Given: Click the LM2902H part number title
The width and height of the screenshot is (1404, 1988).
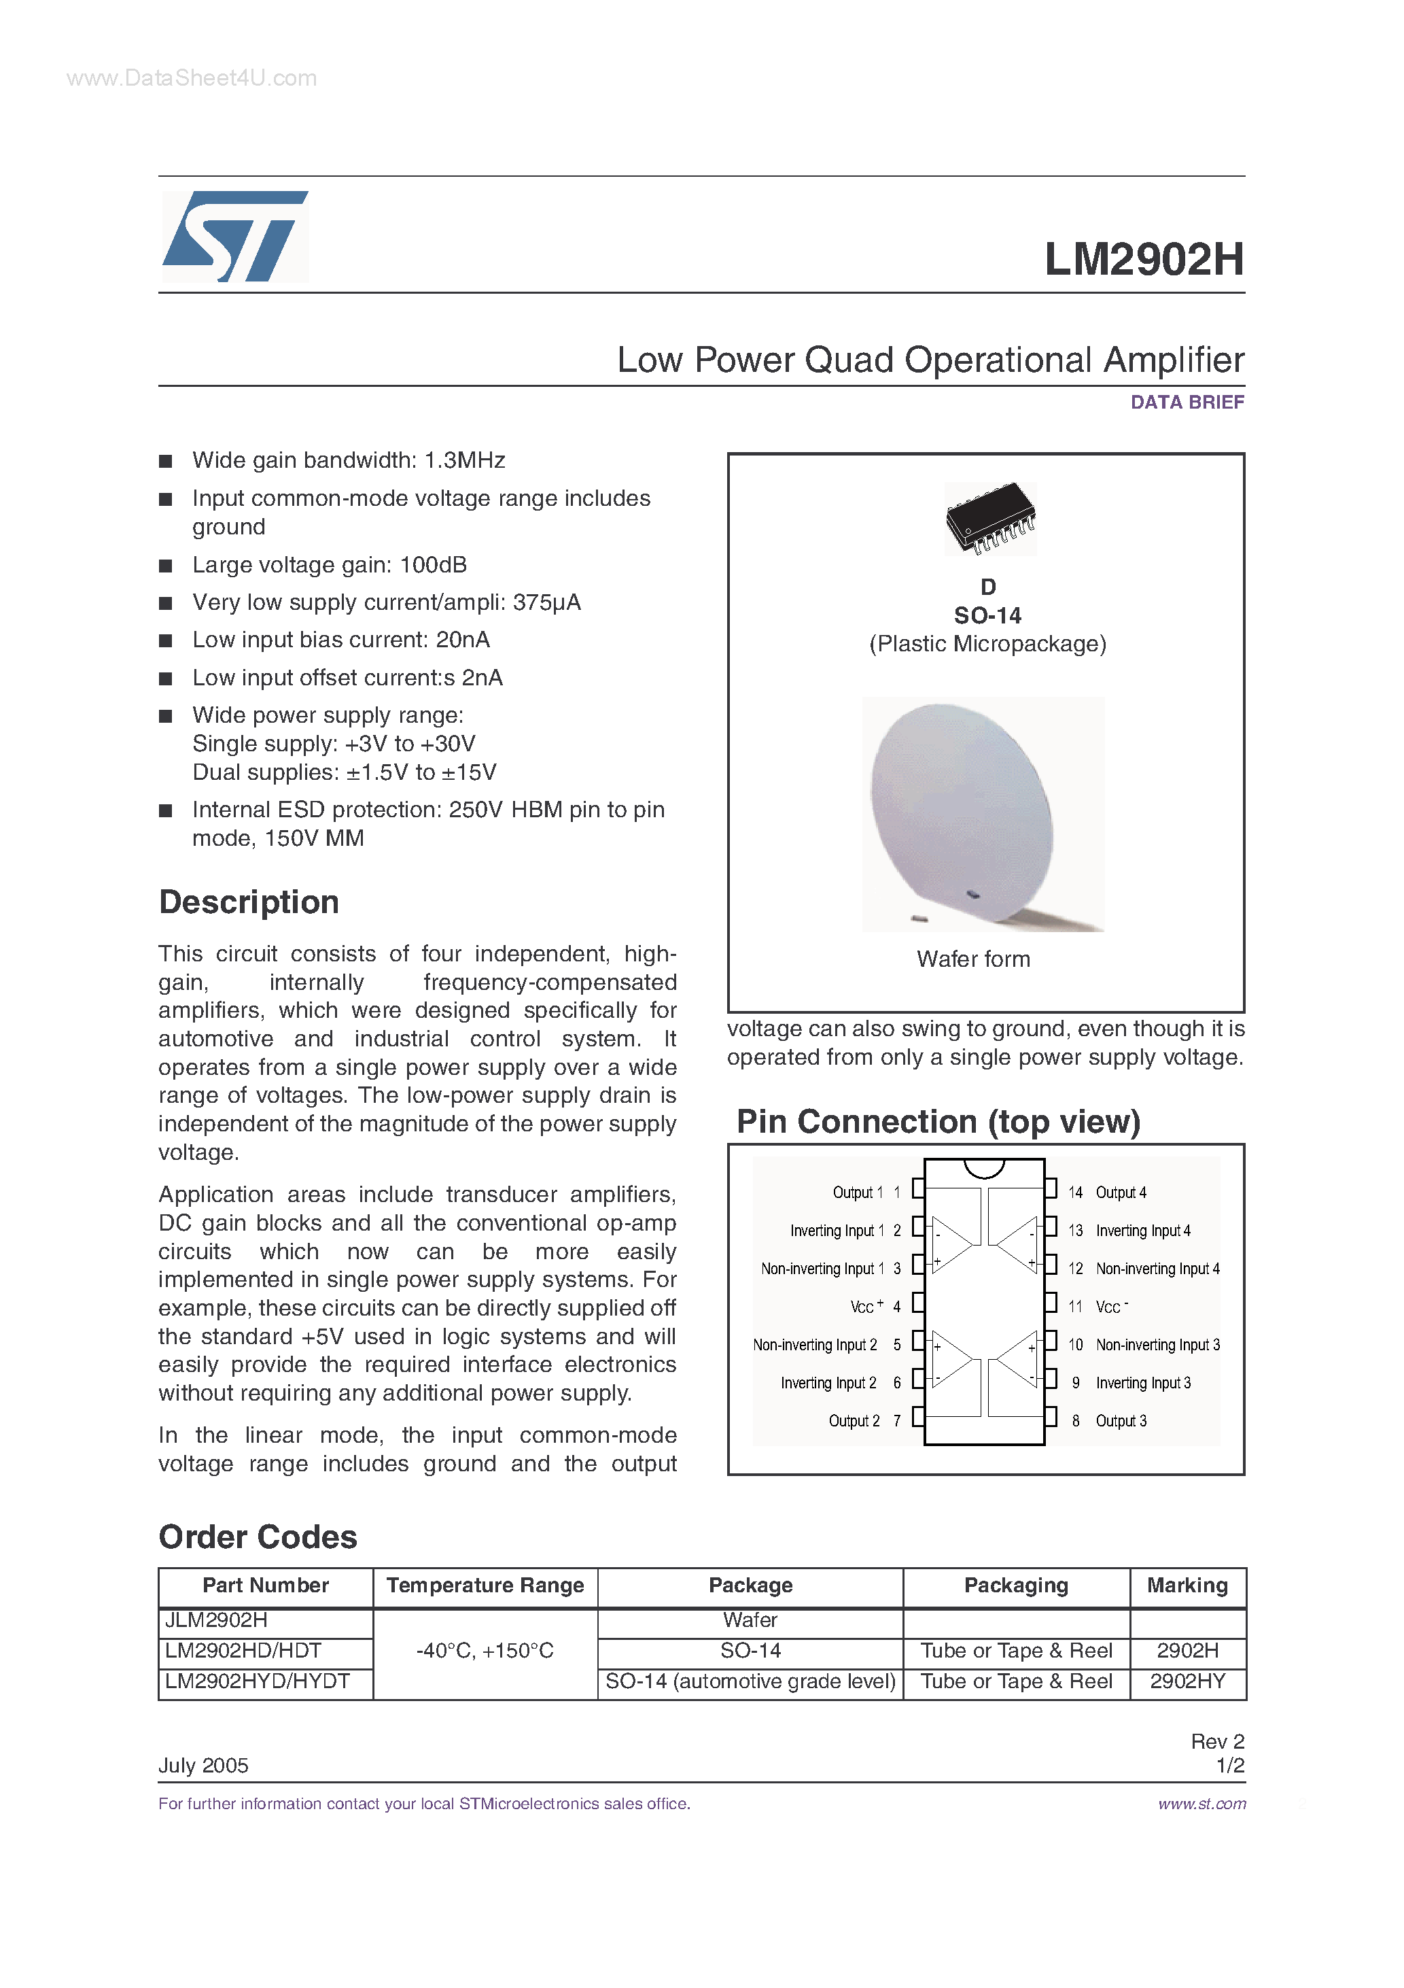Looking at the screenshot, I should click(1144, 259).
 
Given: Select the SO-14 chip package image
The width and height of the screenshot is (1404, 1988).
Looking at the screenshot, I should click(990, 518).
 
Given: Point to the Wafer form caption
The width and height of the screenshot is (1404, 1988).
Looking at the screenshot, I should click(973, 959).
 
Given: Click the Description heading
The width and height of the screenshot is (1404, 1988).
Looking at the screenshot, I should click(249, 902).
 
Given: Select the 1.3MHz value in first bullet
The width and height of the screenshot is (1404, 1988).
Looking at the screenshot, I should click(464, 461).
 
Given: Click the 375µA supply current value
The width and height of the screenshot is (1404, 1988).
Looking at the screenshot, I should click(546, 602).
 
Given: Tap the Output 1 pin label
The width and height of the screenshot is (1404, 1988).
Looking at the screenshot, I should click(857, 1193).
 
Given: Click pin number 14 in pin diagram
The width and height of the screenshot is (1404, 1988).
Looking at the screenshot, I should click(1075, 1193).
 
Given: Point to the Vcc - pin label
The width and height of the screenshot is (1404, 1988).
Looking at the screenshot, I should click(1111, 1307).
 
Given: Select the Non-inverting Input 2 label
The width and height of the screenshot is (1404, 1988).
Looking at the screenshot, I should click(815, 1345).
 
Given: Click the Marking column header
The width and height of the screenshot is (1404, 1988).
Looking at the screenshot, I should click(1187, 1586).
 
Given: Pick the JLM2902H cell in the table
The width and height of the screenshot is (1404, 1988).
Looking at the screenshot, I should click(216, 1620).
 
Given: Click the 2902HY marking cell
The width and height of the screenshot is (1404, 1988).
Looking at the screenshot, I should click(1187, 1681).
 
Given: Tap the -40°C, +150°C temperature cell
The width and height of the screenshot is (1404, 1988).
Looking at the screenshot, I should click(485, 1651).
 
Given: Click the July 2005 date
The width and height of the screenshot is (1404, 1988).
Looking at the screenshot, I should click(203, 1766).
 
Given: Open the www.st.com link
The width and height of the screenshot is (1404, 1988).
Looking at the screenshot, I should click(1201, 1804).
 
